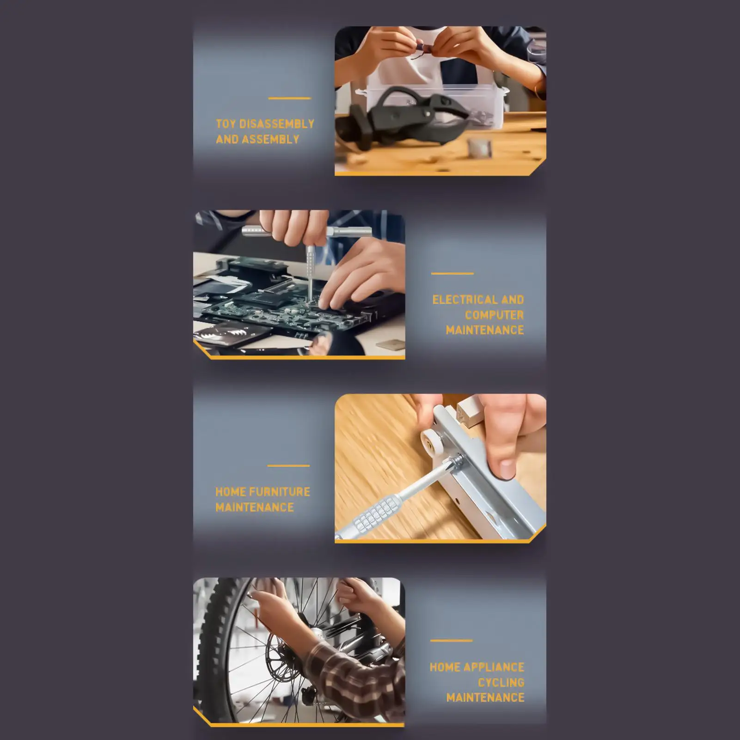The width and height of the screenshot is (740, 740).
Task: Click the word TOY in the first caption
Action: pos(226,124)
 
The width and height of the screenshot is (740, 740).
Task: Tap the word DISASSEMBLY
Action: pos(277,124)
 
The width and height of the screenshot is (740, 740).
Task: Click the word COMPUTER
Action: pos(494,315)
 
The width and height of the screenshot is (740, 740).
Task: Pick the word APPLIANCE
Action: pos(494,667)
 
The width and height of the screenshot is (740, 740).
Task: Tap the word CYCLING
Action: pos(501,682)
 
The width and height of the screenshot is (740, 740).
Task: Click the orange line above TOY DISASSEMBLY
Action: pos(290,98)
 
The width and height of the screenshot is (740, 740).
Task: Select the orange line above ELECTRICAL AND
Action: pos(453,273)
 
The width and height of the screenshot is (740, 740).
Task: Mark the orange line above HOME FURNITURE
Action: pos(288,465)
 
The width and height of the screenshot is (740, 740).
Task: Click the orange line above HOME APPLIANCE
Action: pos(451,641)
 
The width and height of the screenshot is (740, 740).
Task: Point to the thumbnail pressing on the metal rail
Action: pos(507,469)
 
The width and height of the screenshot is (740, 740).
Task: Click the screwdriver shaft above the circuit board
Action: pos(309,270)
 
